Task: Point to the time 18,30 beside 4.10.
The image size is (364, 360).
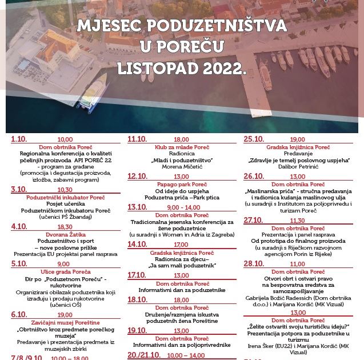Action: point(65,226)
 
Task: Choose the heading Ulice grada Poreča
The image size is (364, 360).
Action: point(66,272)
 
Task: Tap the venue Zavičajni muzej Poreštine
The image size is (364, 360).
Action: point(66,322)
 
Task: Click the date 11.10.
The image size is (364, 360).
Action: point(137,139)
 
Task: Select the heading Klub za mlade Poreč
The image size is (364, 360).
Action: point(182,147)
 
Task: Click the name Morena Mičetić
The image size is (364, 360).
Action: point(182,167)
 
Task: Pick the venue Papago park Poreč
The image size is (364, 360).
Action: point(182,184)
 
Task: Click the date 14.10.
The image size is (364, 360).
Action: point(137,244)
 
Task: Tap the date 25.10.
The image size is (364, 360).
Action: point(254,139)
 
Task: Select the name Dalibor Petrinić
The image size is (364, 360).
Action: point(298,167)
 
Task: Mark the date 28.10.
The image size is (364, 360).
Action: point(254,263)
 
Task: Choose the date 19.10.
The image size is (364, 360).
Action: point(137,330)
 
